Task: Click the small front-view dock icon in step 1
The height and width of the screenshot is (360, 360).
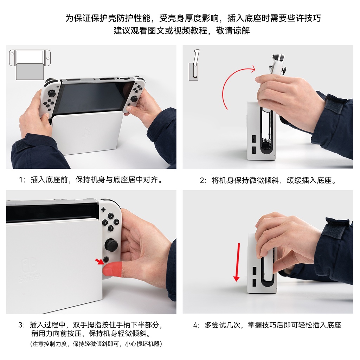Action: (30, 64)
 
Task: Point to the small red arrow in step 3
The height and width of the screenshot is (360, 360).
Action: (99, 261)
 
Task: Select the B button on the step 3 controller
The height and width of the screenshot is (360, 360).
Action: (111, 229)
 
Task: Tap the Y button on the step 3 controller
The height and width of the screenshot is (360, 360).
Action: (105, 223)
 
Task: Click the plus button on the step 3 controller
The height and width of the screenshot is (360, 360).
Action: (103, 210)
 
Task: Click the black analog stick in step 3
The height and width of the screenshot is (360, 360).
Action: (111, 245)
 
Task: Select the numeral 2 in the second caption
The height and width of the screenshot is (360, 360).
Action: (202, 181)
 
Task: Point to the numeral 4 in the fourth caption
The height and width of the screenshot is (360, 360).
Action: (195, 325)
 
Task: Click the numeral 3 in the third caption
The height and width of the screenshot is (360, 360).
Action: (20, 325)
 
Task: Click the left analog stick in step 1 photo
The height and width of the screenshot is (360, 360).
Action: (52, 93)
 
